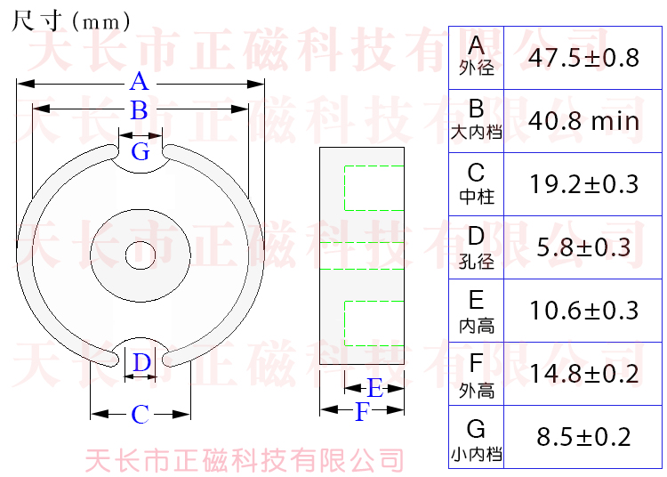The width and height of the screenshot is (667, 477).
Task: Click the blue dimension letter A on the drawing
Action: click(x=139, y=83)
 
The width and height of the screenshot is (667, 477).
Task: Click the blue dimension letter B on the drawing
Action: click(x=139, y=111)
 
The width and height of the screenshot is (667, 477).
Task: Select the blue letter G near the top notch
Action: click(x=141, y=151)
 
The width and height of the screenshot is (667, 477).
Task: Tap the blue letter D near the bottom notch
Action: click(x=141, y=362)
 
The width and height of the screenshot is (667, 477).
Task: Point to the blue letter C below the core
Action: click(x=140, y=415)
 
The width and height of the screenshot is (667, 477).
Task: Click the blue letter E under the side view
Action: click(x=375, y=388)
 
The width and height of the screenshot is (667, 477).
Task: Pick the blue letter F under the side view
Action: click(x=361, y=412)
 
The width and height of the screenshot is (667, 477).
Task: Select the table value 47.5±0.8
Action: click(x=583, y=58)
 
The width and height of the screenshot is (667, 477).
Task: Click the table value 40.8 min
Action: click(x=583, y=121)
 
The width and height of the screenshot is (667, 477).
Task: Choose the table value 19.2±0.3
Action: click(x=583, y=184)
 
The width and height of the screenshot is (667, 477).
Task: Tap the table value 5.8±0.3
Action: click(x=583, y=247)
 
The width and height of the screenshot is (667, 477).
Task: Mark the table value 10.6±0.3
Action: click(x=583, y=311)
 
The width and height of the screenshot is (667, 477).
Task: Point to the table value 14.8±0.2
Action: click(x=583, y=374)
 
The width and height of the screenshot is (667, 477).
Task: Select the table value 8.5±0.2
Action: click(x=583, y=437)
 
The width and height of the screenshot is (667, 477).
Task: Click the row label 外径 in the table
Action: click(x=477, y=69)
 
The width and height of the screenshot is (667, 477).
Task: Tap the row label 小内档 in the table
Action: click(x=477, y=455)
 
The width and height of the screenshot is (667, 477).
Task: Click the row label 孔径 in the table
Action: click(x=477, y=263)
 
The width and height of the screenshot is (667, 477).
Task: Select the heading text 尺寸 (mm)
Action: click(x=71, y=20)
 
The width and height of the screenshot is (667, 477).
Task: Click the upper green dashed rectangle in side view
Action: click(x=374, y=189)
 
